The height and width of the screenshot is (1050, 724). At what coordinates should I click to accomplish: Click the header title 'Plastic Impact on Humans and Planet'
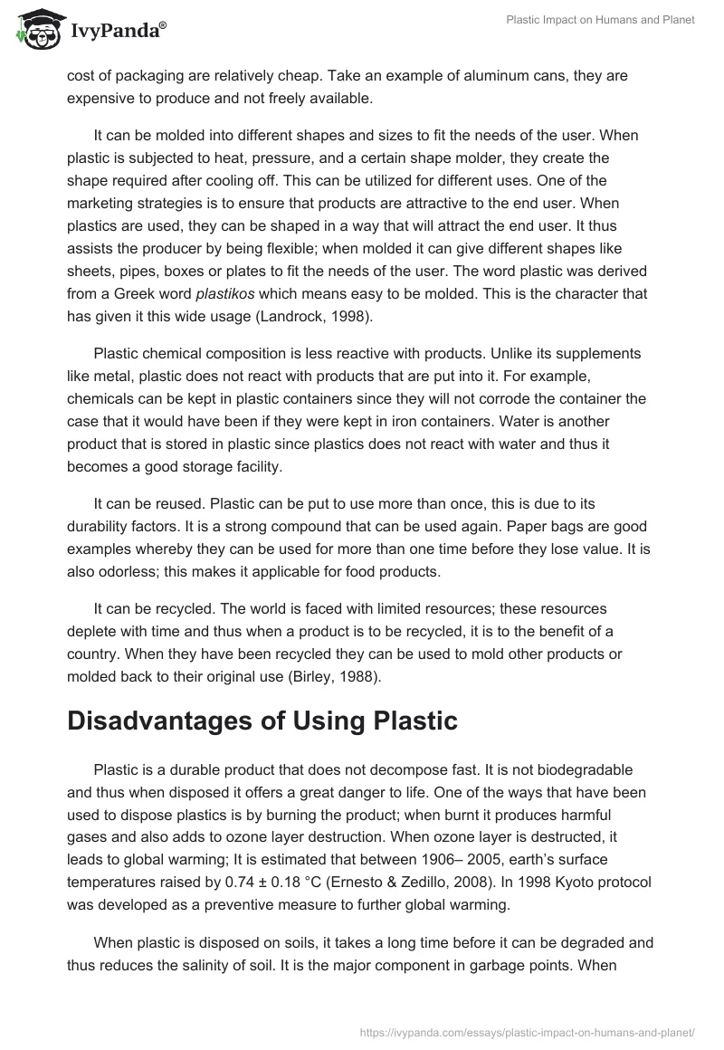tap(599, 20)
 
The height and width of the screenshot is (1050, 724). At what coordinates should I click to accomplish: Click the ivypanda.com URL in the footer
tap(528, 1031)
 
